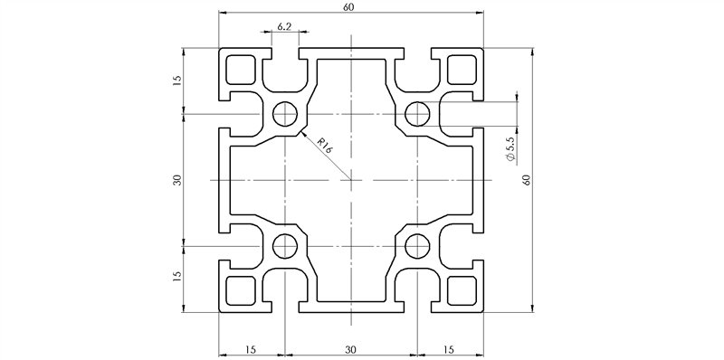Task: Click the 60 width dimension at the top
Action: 349,7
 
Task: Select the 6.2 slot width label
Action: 284,27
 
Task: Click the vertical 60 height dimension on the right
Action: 525,179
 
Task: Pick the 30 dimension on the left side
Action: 177,179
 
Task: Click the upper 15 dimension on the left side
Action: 177,80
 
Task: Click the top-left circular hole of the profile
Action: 285,115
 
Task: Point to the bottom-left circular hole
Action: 285,244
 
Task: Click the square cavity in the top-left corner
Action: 240,69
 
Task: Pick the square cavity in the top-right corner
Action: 462,69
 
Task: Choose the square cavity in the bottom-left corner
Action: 240,290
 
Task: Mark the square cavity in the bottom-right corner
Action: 462,290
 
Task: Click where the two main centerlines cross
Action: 350,180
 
